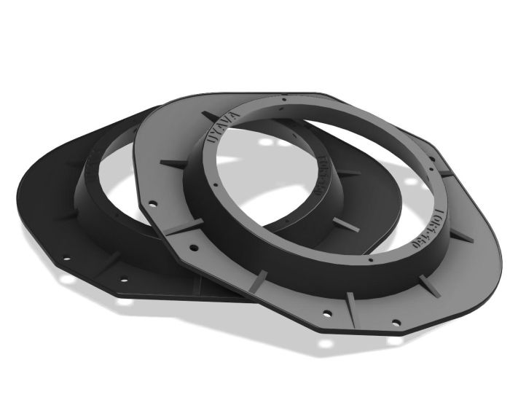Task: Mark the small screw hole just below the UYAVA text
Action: tap(211, 157)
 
